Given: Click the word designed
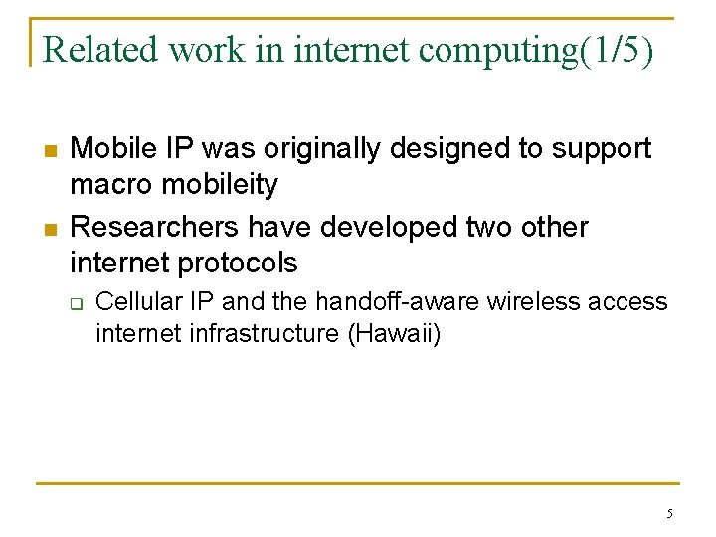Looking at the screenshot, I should [x=450, y=149].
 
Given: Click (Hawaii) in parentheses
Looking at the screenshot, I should [x=394, y=334].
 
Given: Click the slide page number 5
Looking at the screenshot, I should [x=669, y=514].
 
